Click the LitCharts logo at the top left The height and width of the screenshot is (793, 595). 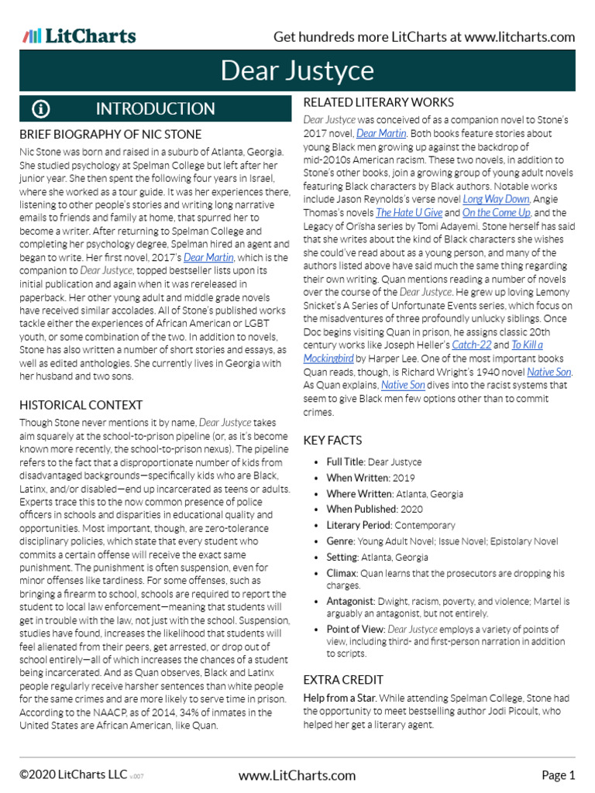pos(79,36)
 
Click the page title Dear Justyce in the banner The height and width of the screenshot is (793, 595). pos(297,71)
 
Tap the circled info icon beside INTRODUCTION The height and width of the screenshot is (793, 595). pos(40,108)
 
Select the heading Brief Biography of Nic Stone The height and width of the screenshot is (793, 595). pos(110,134)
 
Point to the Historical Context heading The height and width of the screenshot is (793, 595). pos(81,404)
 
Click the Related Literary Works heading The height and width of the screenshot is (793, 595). pos(378,102)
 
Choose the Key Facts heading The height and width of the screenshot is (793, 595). pos(332,440)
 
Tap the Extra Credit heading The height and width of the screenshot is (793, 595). pos(343,679)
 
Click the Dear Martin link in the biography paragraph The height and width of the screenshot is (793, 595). pos(209,257)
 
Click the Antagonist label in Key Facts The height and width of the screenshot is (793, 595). pos(351,601)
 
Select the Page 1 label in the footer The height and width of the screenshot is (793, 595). pos(558,775)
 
